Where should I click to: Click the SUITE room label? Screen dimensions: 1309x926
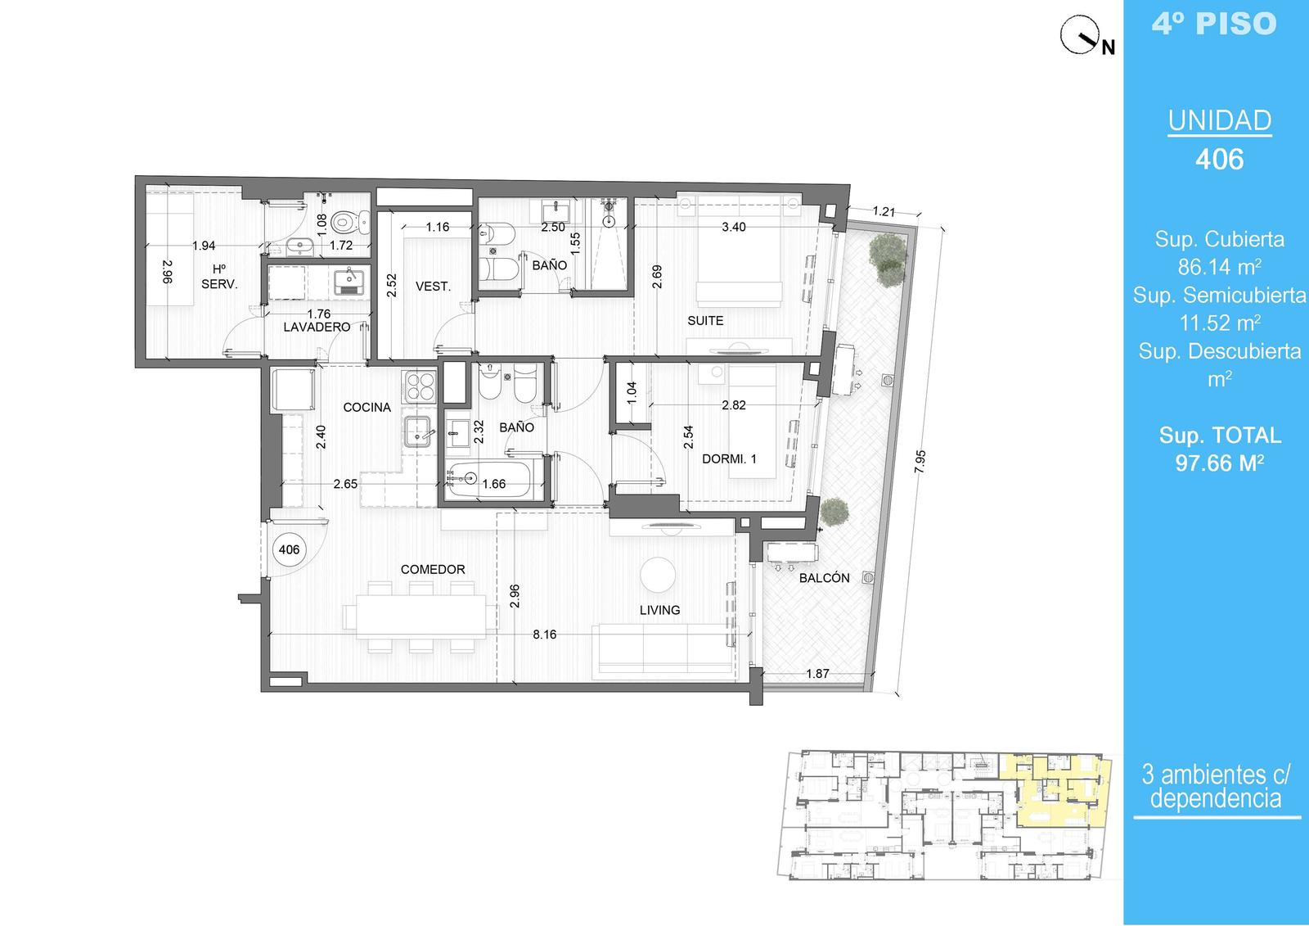[x=705, y=321]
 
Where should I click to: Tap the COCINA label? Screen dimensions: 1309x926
[x=367, y=407]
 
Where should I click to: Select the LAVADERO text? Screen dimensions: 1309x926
[x=317, y=327]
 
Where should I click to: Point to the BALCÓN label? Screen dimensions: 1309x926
[x=824, y=578]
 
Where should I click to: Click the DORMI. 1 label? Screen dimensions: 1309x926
[x=729, y=459]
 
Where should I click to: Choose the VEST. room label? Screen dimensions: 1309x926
[x=433, y=287]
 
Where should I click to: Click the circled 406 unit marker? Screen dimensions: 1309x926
[x=290, y=550]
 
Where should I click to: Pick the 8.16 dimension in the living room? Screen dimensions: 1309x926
[x=544, y=635]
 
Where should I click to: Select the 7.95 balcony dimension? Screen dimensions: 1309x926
[x=920, y=462]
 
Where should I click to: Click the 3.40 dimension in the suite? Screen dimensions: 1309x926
[x=733, y=227]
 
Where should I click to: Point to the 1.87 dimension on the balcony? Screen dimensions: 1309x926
[x=817, y=674]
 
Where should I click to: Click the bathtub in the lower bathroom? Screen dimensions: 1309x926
[x=488, y=481]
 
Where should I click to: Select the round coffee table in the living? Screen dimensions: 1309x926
[x=658, y=575]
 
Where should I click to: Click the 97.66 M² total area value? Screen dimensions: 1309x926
[x=1220, y=463]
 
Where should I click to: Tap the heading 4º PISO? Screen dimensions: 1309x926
[x=1214, y=24]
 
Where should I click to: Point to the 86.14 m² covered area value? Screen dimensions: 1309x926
[x=1220, y=267]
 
